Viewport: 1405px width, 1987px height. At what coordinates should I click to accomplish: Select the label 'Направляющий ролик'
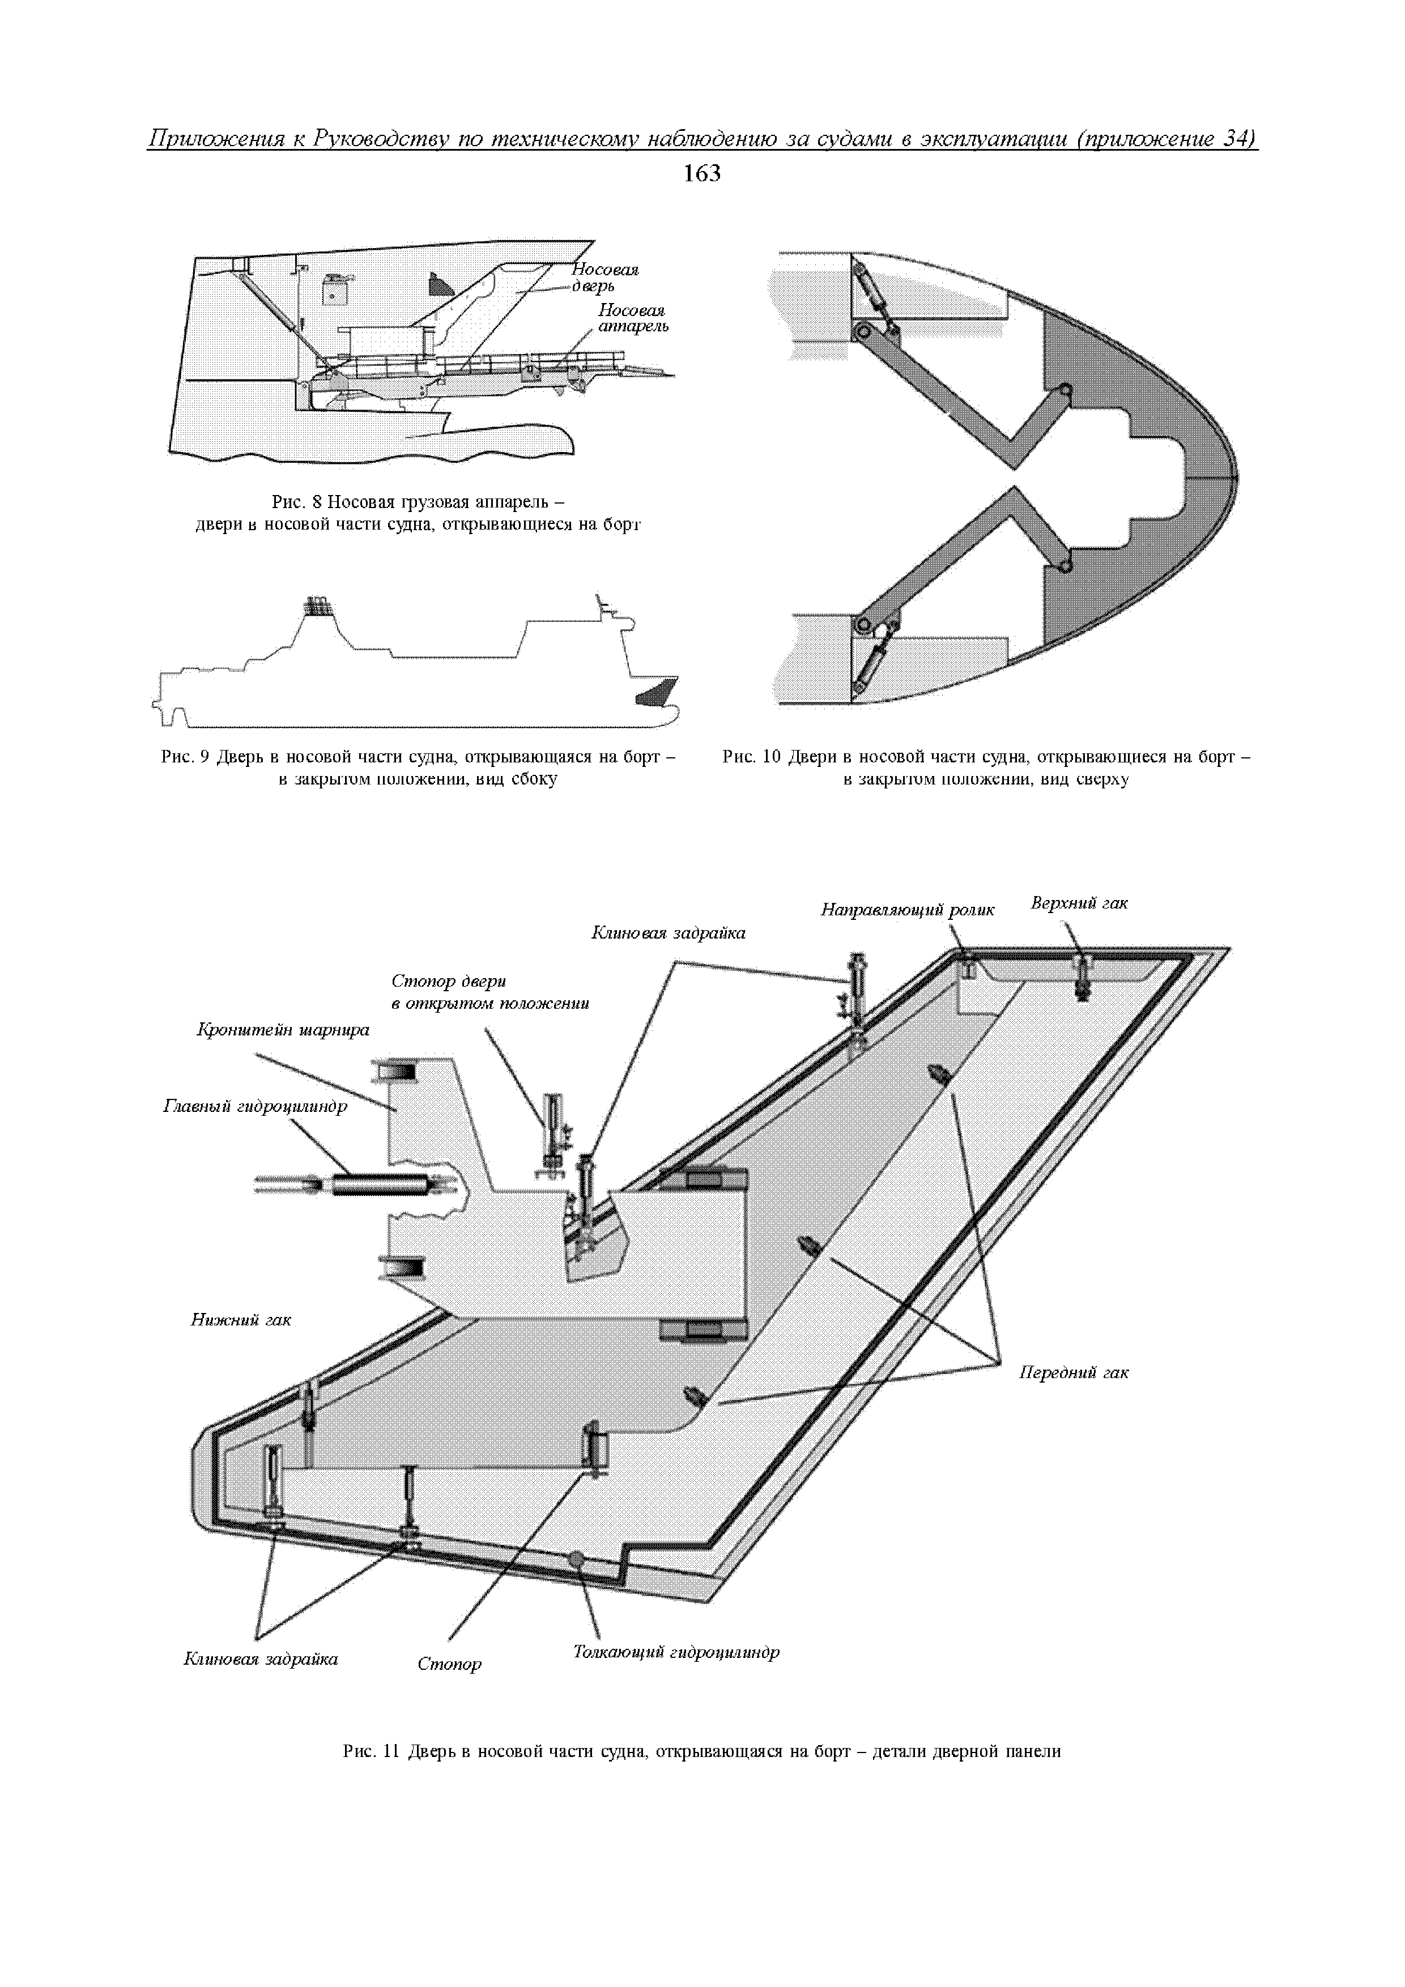907,910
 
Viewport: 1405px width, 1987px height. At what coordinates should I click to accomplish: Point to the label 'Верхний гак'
1079,903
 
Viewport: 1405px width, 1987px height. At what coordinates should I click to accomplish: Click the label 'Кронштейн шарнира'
283,1030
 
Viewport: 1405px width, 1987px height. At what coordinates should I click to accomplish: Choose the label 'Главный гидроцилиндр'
254,1106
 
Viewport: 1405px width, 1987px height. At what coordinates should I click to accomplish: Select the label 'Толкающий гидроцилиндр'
676,1651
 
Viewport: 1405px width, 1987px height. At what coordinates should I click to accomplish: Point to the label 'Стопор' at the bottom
449,1664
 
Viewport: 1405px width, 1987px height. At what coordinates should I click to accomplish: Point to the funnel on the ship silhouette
318,607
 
